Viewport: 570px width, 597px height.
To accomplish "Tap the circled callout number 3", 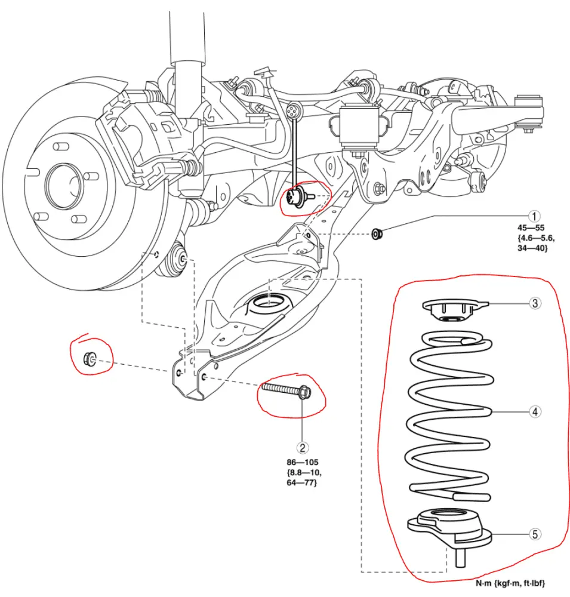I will point(536,303).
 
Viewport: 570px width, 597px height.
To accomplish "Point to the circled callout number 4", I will point(536,411).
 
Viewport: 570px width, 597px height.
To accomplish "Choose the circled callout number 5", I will point(536,534).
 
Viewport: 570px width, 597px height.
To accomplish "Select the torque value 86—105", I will point(303,462).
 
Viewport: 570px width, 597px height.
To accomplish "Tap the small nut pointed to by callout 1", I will point(377,232).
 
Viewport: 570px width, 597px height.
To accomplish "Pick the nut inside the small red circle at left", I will point(90,359).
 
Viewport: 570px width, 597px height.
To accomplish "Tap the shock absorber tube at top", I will point(188,36).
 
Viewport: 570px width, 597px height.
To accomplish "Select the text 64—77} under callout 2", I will point(302,482).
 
